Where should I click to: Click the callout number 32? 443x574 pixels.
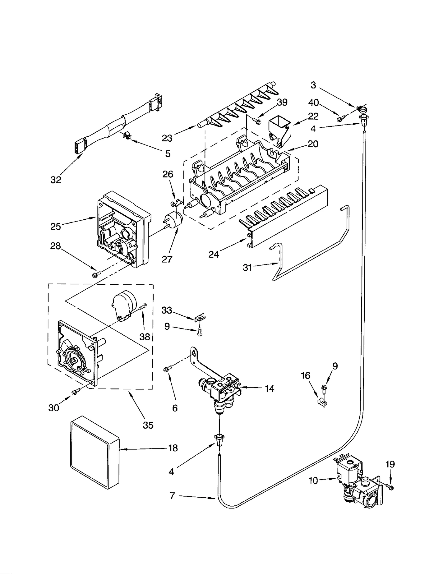(56, 180)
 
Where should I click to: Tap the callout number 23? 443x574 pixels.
(167, 138)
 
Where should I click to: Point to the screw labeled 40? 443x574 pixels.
(340, 118)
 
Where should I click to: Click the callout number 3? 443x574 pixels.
(313, 85)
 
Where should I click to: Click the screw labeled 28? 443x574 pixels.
(96, 275)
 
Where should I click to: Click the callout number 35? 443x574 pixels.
(148, 425)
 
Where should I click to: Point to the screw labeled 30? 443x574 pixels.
(75, 391)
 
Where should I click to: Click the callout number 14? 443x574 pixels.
(269, 389)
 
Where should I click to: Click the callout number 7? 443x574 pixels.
(172, 496)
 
